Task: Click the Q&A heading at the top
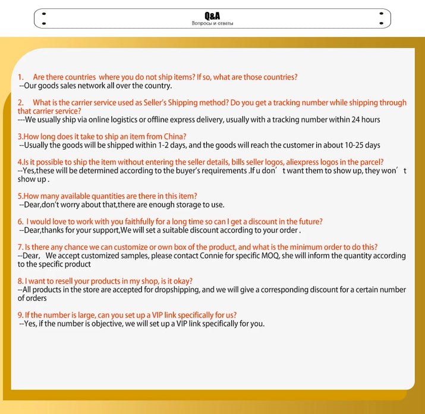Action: tap(212, 16)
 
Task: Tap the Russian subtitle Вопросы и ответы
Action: tap(212, 24)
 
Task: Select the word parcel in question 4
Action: tap(370, 162)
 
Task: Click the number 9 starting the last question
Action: tap(20, 315)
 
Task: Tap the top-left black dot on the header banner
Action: tap(44, 13)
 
